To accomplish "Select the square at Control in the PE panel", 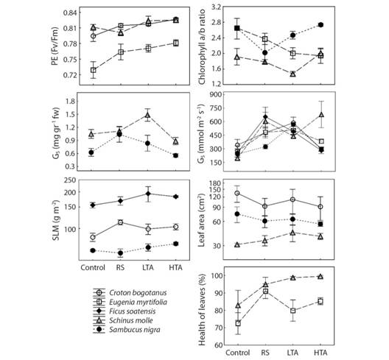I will pyautogui.click(x=94, y=70).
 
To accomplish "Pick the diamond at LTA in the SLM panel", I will pyautogui.click(x=148, y=194).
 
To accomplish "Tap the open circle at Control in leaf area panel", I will pyautogui.click(x=237, y=193).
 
